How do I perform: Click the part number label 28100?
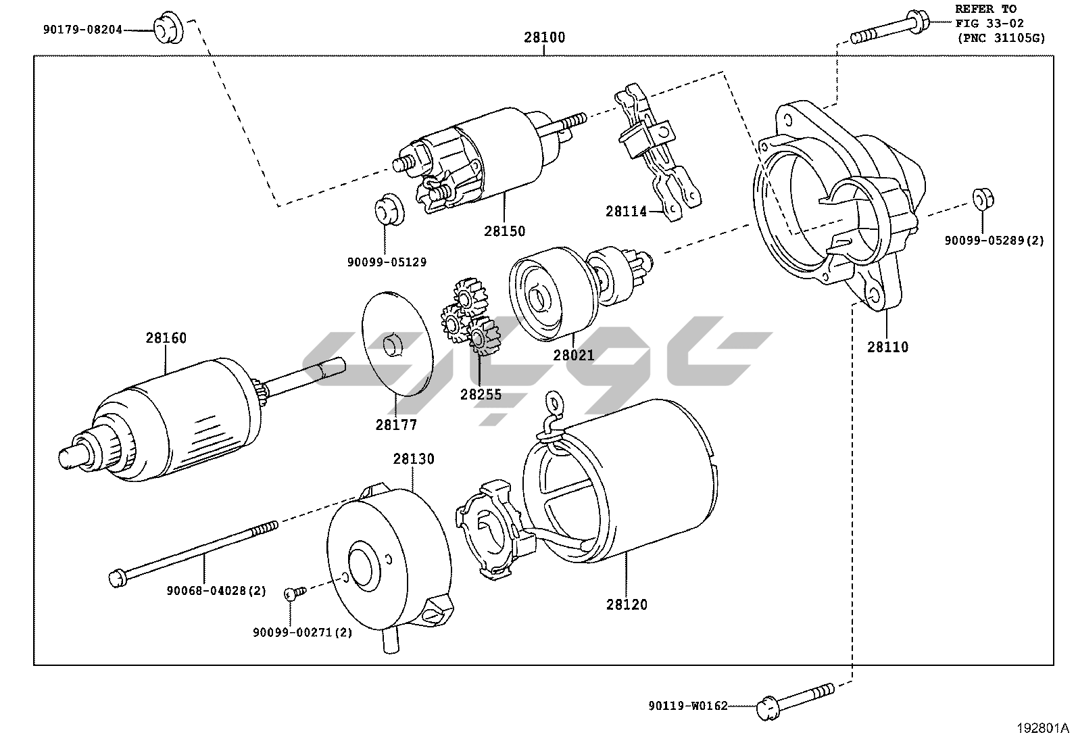click(x=544, y=37)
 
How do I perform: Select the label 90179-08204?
click(x=82, y=29)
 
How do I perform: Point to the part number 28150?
click(x=504, y=231)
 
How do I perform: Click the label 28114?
click(x=626, y=212)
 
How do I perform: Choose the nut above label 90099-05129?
click(x=389, y=210)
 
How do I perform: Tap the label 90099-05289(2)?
click(x=994, y=240)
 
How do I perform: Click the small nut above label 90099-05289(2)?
click(x=983, y=199)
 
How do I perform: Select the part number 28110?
click(x=887, y=347)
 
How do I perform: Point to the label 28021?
click(x=574, y=355)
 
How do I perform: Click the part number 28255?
click(x=481, y=395)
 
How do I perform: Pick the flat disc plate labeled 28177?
click(x=397, y=343)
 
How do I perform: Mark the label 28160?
click(x=166, y=338)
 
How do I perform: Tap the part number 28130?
click(x=414, y=459)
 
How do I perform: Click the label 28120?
click(x=627, y=604)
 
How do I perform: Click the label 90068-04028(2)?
click(x=216, y=590)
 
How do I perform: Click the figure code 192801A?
click(x=1042, y=728)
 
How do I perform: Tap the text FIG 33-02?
click(x=989, y=23)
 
